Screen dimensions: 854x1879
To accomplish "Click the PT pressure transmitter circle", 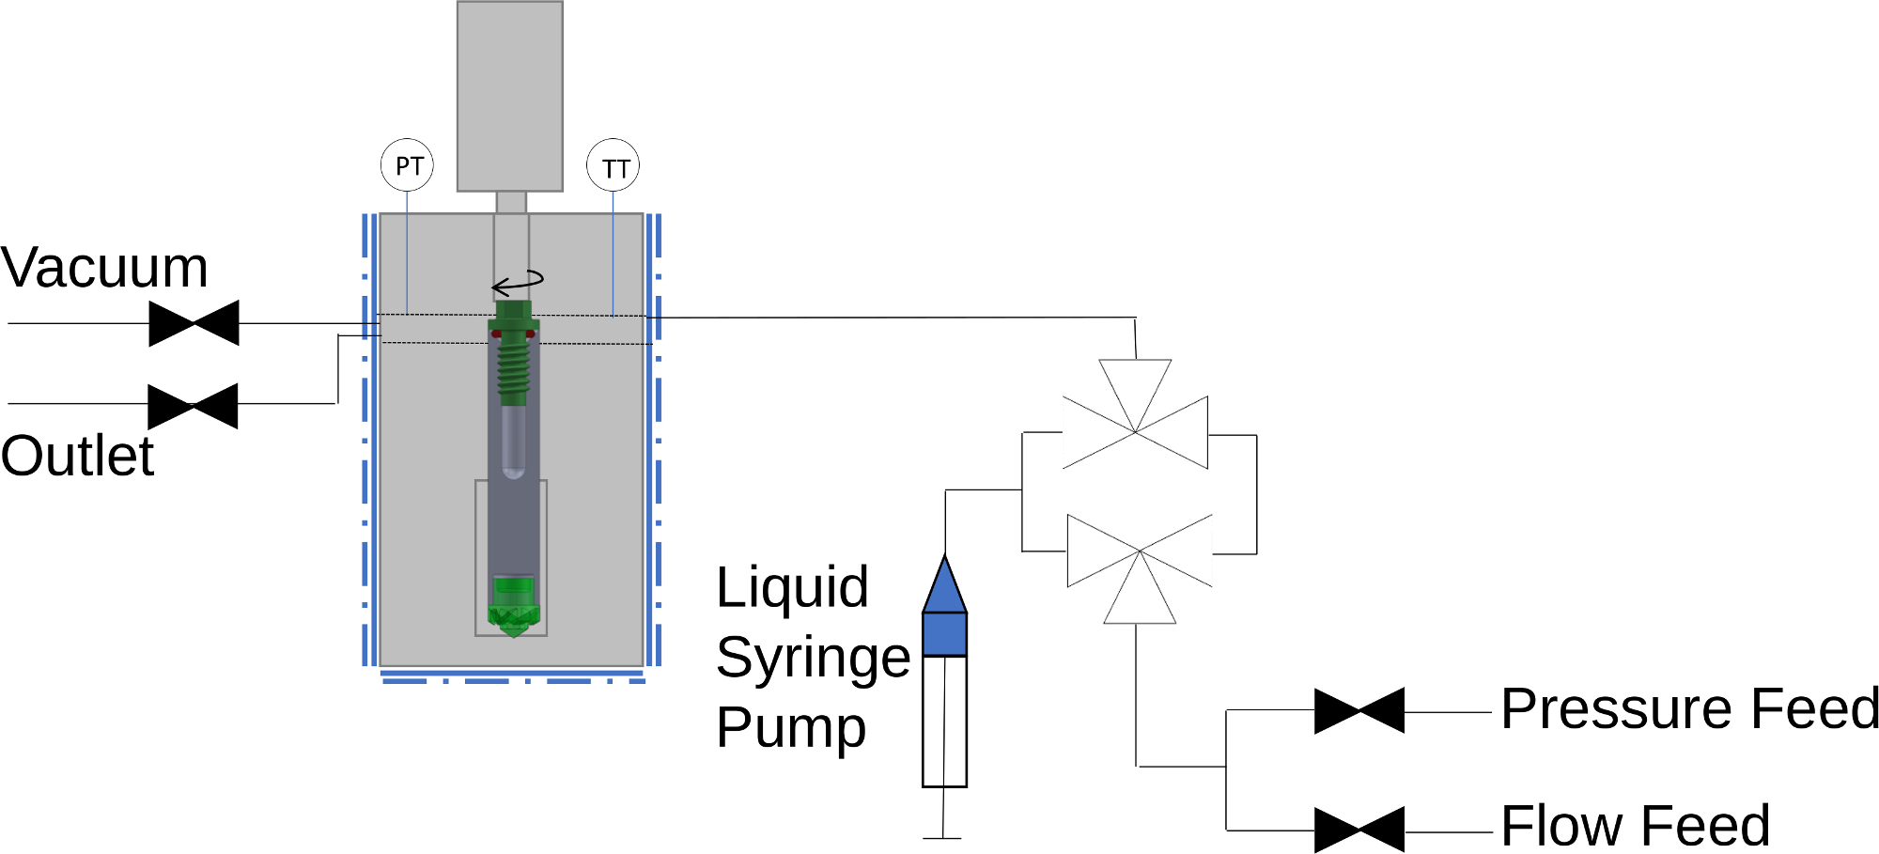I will point(407,165).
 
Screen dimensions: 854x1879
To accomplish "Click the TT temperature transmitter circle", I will point(613,167).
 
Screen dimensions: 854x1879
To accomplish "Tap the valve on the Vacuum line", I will point(194,323).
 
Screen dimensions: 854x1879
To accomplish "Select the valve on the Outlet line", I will point(194,406).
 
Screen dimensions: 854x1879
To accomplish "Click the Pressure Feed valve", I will point(1359,710).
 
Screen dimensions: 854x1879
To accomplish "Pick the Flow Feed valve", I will point(1359,830).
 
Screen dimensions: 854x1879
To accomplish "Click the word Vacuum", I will point(104,268).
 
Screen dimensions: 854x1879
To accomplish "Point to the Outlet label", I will point(77,457).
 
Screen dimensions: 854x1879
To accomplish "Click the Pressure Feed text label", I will point(1689,708).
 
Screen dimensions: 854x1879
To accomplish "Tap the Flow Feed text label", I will point(1635,826).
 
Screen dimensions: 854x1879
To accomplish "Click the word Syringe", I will point(813,657).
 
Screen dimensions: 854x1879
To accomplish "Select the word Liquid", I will point(792,588).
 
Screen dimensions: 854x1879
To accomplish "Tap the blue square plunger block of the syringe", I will point(944,634).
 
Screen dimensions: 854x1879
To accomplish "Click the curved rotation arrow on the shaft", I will point(518,282).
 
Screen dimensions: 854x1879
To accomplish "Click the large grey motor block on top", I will point(510,96).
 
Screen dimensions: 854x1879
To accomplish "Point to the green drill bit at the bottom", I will point(513,608).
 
